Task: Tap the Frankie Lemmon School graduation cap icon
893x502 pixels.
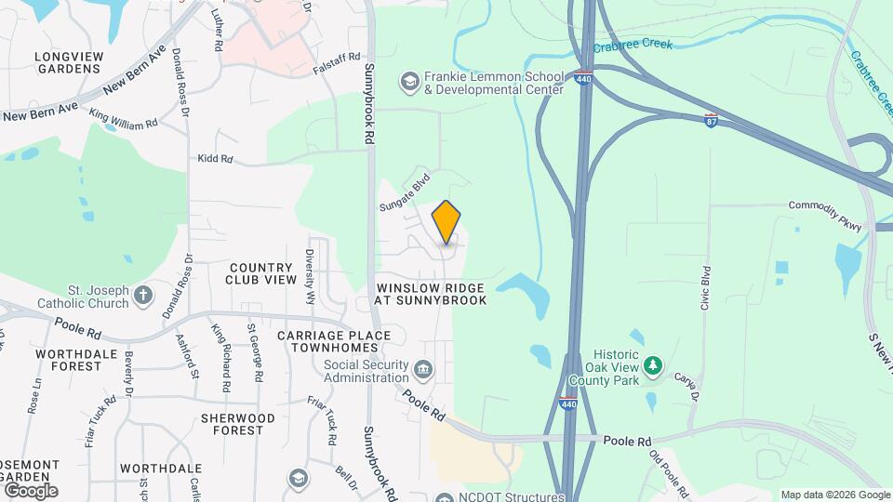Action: [x=409, y=82]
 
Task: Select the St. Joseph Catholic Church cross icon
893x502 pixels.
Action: [x=142, y=296]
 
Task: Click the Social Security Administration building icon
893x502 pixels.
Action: [x=423, y=371]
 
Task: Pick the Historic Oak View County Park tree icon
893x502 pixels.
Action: [x=654, y=365]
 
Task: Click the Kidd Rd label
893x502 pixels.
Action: [x=215, y=159]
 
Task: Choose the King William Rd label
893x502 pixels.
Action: [x=124, y=117]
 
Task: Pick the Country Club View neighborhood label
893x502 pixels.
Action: [x=262, y=273]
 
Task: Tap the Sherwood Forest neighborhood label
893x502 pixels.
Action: [x=237, y=424]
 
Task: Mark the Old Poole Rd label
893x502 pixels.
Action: [x=669, y=473]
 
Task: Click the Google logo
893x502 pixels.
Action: [x=30, y=490]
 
